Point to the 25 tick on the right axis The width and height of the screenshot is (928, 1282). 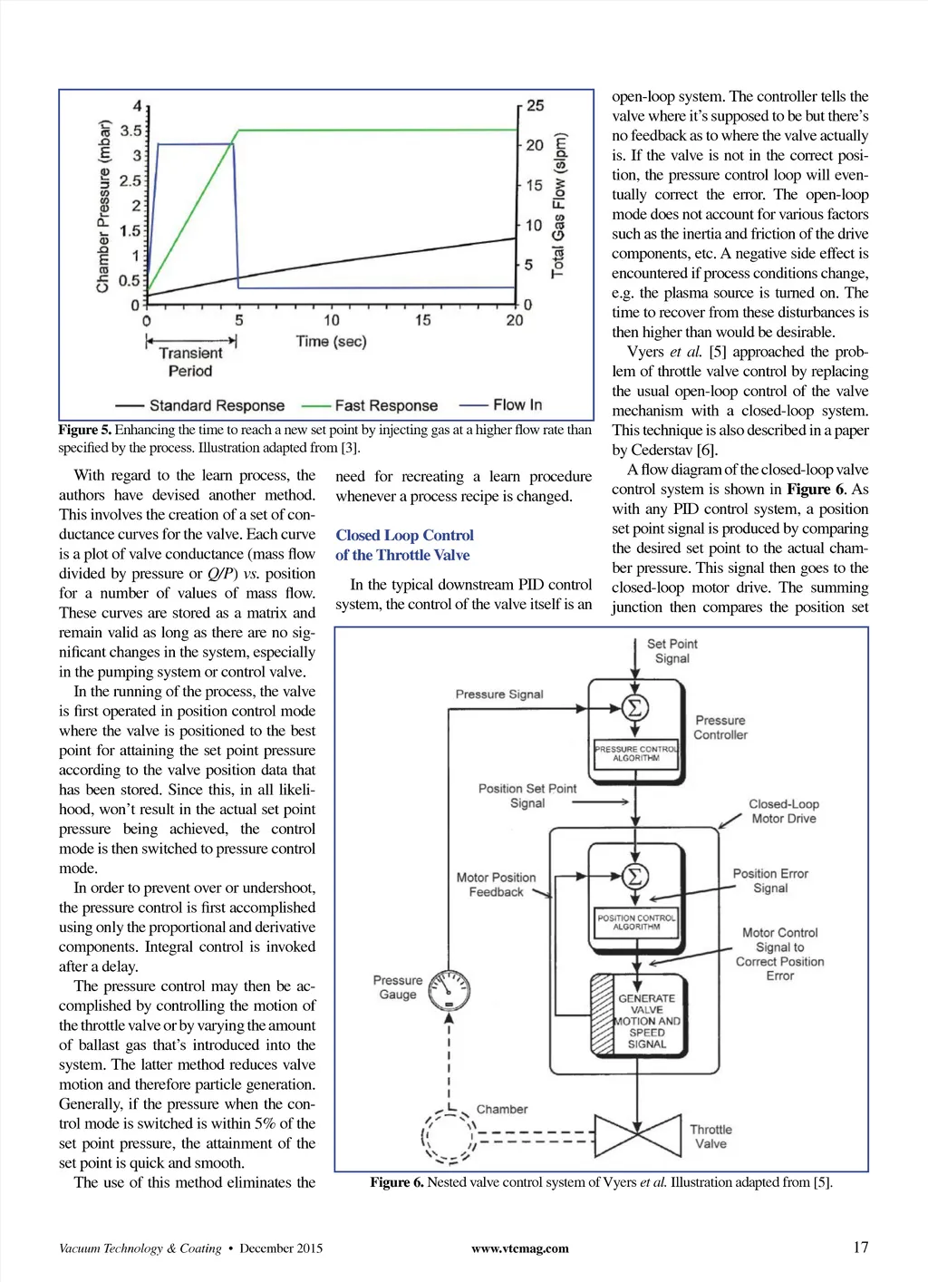[535, 106]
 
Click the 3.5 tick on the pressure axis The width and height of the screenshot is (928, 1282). [130, 131]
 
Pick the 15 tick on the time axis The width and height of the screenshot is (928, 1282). [423, 320]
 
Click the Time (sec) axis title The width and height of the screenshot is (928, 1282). [331, 342]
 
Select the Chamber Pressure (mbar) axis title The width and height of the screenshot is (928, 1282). [103, 207]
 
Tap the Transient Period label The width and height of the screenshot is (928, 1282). [190, 362]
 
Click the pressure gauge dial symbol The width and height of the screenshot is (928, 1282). [449, 990]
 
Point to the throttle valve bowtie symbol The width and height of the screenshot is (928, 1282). [637, 1135]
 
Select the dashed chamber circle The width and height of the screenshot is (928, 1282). [449, 1136]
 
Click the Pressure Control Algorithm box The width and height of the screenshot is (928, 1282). [636, 754]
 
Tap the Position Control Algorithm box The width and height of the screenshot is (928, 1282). [636, 922]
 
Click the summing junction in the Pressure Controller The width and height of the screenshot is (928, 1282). [635, 708]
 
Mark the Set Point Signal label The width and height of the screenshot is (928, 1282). [672, 651]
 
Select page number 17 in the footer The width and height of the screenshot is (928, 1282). [860, 1248]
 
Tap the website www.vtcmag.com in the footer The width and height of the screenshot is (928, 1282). [520, 1248]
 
